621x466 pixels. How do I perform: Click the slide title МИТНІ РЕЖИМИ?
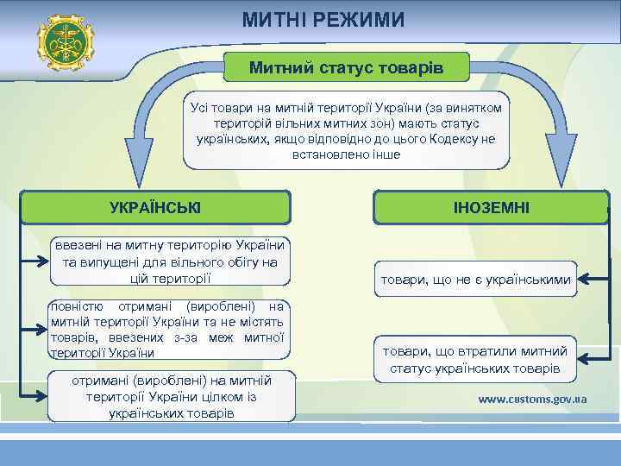323,18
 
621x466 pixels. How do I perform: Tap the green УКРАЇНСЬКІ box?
155,207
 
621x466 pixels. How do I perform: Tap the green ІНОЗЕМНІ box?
491,207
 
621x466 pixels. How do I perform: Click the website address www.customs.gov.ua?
532,400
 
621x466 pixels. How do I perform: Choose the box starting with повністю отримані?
168,329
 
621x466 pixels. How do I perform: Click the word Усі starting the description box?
199,107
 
